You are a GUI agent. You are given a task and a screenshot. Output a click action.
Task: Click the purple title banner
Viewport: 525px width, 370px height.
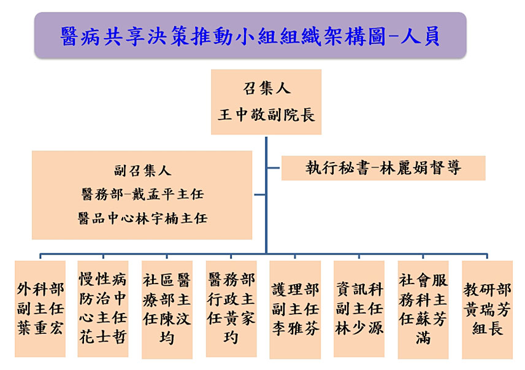250,35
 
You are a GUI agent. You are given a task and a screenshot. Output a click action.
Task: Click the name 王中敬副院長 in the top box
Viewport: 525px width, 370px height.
267,115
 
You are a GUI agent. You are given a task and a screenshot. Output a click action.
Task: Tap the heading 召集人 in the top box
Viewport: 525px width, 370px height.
267,88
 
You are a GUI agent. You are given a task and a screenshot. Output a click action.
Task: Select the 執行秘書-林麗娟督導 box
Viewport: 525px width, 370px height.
383,168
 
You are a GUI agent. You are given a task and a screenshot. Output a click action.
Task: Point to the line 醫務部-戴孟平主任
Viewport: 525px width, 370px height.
142,195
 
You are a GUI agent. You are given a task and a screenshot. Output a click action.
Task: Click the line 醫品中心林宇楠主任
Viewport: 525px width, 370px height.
142,218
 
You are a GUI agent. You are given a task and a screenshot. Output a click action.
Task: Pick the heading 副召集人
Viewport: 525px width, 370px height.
142,171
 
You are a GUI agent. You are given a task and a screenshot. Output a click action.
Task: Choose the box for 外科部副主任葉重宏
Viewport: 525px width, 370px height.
40,309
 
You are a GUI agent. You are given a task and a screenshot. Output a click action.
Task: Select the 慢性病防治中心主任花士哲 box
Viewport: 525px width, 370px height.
103,309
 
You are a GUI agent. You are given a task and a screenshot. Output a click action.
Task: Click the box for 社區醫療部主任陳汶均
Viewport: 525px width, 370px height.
167,310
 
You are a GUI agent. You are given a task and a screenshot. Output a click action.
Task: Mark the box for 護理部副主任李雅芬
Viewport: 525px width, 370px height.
296,310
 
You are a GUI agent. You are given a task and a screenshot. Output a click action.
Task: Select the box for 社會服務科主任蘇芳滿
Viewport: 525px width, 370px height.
423,310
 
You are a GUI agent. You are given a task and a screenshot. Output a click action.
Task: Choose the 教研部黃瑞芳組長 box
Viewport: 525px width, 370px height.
487,310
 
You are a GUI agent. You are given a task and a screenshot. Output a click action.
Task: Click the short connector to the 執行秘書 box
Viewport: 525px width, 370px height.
274,168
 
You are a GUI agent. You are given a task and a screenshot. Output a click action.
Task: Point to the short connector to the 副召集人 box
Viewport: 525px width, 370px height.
260,195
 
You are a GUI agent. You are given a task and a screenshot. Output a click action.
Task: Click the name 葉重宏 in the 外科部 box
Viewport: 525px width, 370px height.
40,328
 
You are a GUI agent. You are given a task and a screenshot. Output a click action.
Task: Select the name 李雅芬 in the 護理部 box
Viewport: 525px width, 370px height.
296,328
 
